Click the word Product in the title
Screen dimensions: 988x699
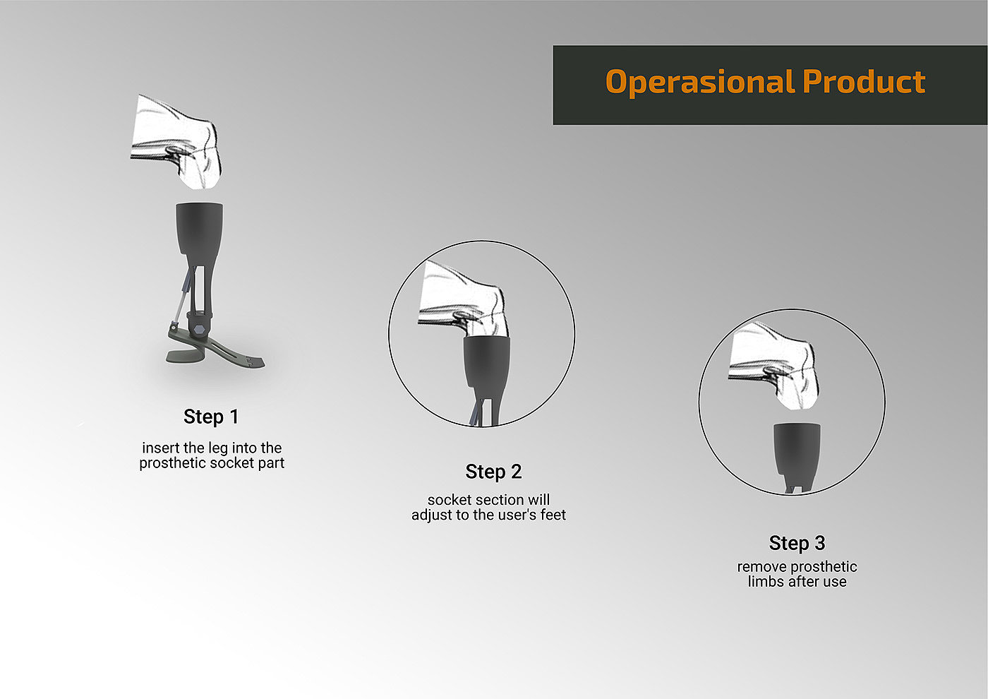(x=864, y=81)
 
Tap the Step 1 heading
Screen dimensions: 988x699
(x=211, y=417)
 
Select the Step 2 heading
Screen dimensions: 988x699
(x=493, y=472)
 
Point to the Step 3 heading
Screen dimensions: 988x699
(x=797, y=543)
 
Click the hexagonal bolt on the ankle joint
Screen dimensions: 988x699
(x=199, y=329)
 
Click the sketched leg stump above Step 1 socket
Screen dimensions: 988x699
(x=176, y=141)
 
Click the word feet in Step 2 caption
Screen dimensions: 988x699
(x=553, y=515)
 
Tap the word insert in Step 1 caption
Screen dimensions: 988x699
(x=161, y=448)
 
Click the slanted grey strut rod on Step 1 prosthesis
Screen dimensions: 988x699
(x=183, y=295)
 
